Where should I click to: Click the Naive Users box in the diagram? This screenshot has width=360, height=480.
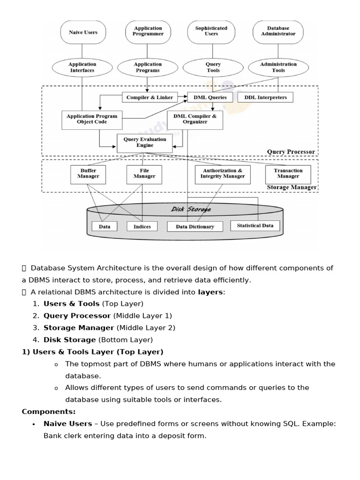coord(83,32)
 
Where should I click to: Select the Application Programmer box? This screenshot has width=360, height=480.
coord(148,31)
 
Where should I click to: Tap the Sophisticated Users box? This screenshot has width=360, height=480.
coord(211,31)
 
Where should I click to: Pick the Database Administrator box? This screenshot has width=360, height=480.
coord(278,31)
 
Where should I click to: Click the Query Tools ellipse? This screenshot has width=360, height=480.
coord(213,67)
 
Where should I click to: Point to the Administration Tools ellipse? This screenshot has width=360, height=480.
coord(278,67)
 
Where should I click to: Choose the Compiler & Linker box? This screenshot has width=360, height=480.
coord(150,97)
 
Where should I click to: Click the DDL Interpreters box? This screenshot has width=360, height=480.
coord(265,97)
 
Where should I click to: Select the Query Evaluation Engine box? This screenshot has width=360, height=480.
coord(145,142)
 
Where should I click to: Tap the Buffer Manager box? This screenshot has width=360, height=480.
coord(88,174)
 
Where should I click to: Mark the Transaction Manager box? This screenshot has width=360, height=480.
coord(288,174)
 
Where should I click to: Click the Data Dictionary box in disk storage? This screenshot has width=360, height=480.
coord(195,227)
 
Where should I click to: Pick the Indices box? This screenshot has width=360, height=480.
coord(142,226)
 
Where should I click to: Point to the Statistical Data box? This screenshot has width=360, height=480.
coord(255,225)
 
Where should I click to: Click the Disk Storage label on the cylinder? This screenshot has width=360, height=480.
coord(190,210)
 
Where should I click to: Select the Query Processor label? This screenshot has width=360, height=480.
coord(291,152)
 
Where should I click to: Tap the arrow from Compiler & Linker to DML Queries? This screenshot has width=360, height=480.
coord(182,97)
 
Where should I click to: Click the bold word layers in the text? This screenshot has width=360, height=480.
coord(210,292)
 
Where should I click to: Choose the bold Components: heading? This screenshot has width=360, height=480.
coord(48,412)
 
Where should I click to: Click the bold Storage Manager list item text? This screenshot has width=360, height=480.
coord(79,328)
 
